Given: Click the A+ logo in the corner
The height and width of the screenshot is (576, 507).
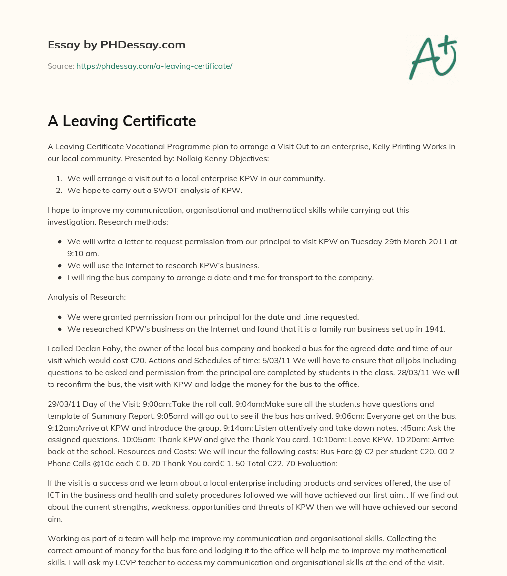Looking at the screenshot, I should [x=433, y=57].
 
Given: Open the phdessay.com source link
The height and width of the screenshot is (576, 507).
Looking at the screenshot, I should [x=154, y=66].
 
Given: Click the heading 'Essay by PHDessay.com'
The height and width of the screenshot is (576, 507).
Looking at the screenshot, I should [x=116, y=45].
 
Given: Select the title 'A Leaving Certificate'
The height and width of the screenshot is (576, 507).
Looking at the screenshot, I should [x=121, y=121].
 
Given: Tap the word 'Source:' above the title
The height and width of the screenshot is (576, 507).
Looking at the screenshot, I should [x=60, y=66].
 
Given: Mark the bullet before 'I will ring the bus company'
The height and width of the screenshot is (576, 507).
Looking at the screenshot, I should [x=60, y=278].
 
